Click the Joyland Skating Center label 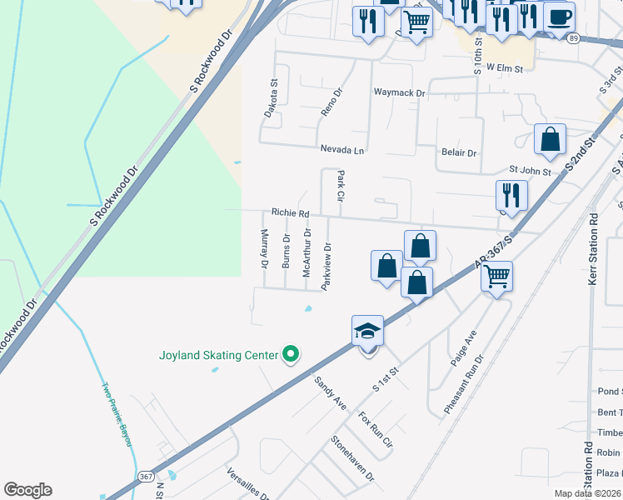(x=218, y=355)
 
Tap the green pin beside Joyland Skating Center (x=291, y=355)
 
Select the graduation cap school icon (x=367, y=332)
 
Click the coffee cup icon (x=559, y=17)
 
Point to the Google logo (x=27, y=490)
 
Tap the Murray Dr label (x=264, y=248)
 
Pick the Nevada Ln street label (x=342, y=150)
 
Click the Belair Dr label (x=458, y=153)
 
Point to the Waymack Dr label (x=399, y=93)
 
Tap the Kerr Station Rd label (x=594, y=248)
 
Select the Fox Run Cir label (x=375, y=430)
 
